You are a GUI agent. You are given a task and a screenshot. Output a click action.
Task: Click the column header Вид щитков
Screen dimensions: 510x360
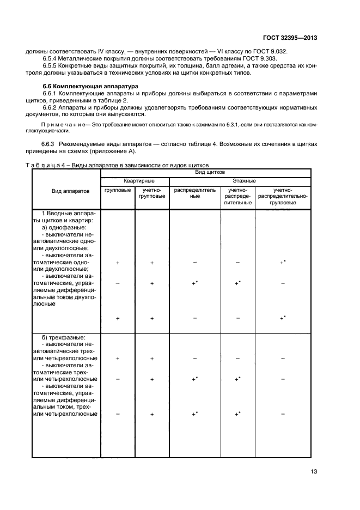(206, 172)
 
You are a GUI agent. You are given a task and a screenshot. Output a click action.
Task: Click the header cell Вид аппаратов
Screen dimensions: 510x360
(66, 192)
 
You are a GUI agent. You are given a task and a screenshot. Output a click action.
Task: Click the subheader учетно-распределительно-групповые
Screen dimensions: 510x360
(283, 196)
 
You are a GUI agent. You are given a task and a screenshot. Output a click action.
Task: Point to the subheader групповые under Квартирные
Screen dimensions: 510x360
(118, 190)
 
